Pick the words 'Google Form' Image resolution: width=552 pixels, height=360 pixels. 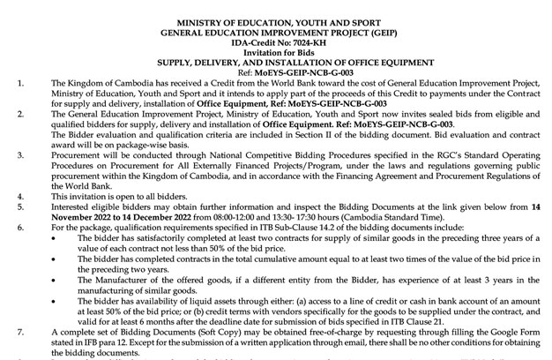pos(500,332)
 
